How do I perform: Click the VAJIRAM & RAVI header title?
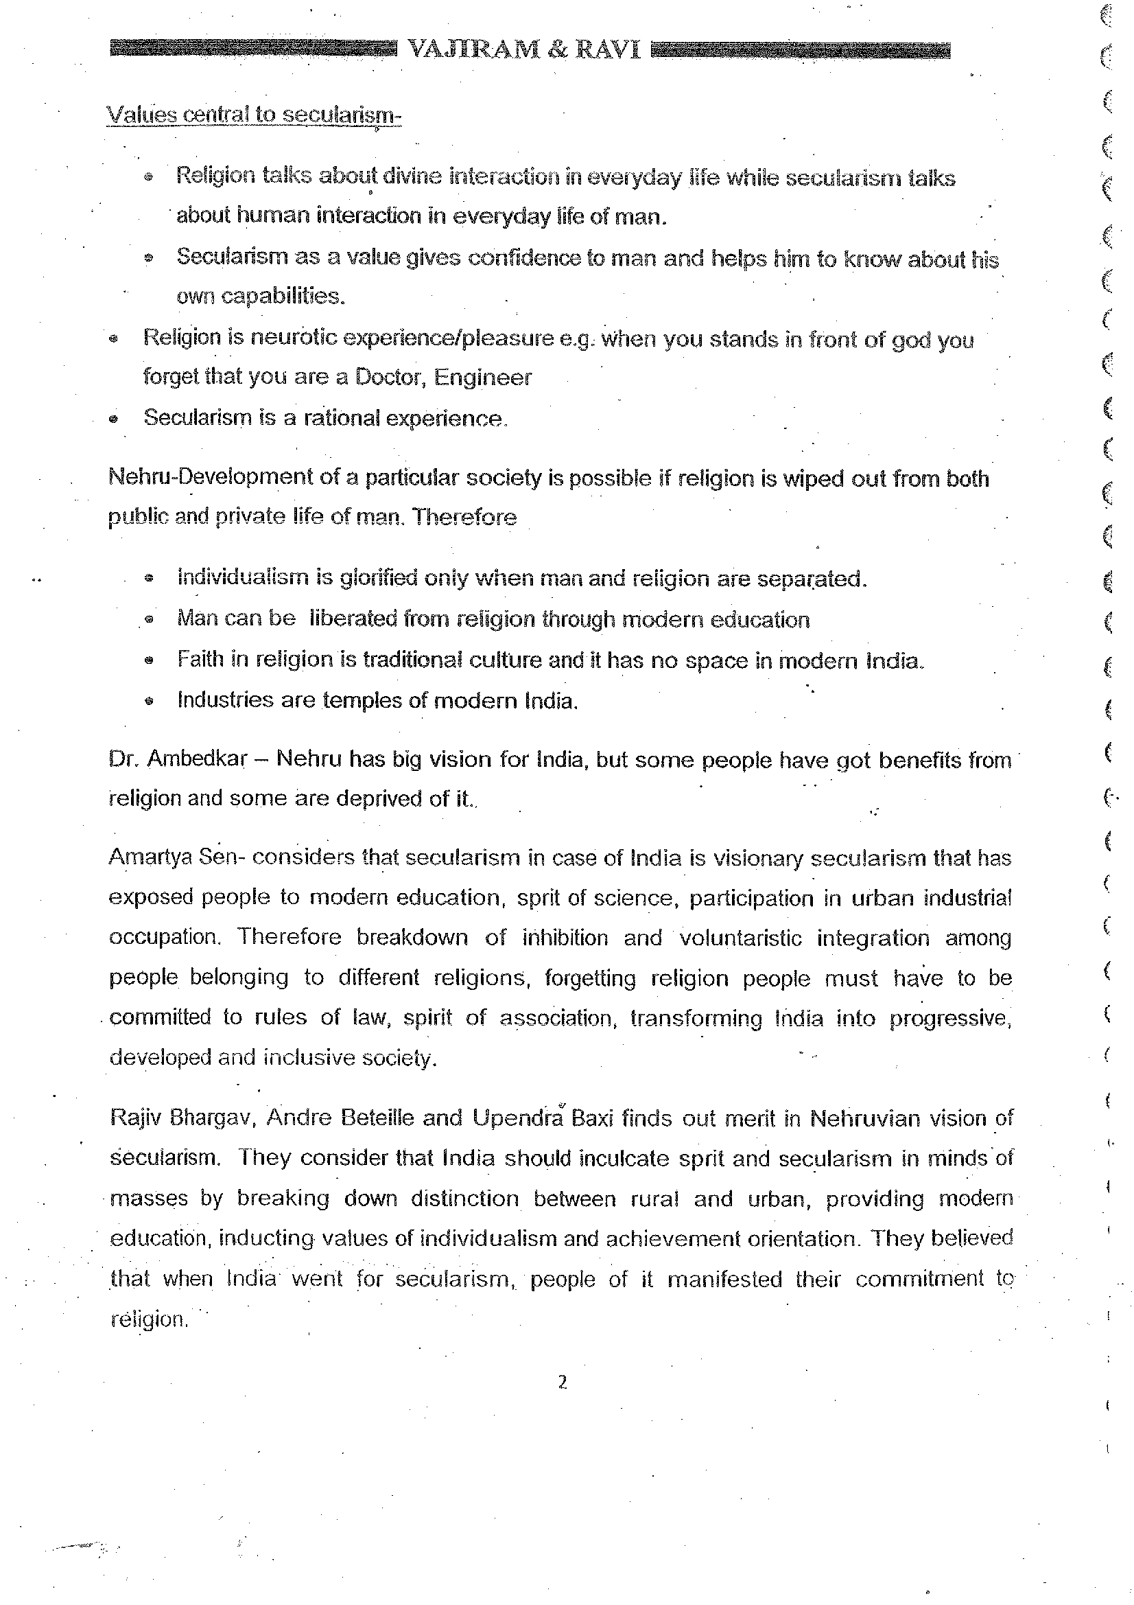[x=523, y=49]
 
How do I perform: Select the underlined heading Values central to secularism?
[x=254, y=114]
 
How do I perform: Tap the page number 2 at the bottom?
[x=563, y=1382]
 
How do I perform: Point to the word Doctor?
[x=388, y=377]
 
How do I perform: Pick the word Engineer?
[x=483, y=378]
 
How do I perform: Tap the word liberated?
[x=352, y=619]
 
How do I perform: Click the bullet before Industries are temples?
[x=148, y=700]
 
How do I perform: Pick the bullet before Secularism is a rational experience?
[x=114, y=419]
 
